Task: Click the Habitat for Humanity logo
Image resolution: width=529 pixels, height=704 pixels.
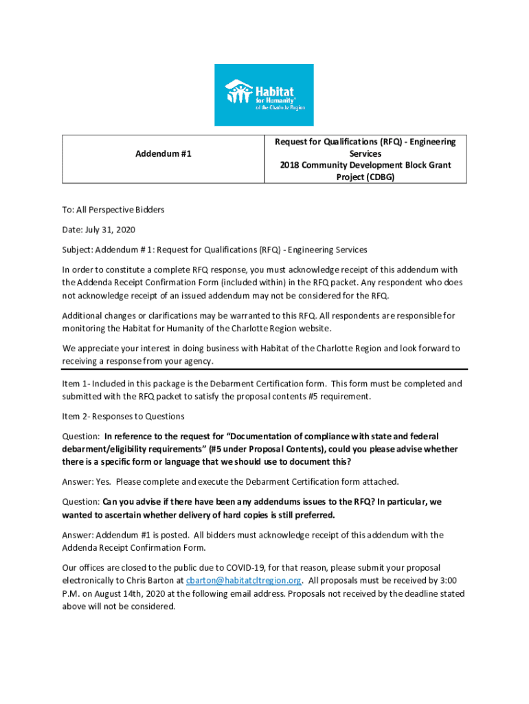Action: point(264,94)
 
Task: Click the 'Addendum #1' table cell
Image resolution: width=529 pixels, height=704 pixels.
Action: point(163,153)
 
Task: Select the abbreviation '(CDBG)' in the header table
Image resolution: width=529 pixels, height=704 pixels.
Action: point(379,177)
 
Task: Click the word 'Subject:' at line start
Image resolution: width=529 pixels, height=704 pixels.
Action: point(80,250)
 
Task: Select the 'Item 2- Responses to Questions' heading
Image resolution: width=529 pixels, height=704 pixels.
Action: point(123,416)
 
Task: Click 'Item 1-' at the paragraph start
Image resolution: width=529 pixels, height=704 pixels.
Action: point(77,384)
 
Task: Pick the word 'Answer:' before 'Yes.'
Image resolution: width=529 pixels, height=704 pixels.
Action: point(79,481)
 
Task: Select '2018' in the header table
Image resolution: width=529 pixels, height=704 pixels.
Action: point(290,165)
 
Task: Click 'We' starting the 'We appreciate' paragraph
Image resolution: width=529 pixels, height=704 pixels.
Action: point(69,348)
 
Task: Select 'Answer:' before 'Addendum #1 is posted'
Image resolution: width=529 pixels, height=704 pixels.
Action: point(79,535)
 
